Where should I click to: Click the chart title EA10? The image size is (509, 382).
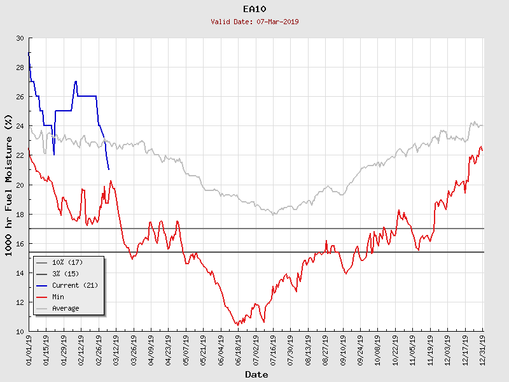pos(254,9)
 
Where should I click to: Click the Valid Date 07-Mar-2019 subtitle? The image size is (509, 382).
pos(254,22)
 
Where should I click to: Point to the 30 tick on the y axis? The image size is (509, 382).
pos(20,38)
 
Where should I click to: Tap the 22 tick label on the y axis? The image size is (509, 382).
pos(20,155)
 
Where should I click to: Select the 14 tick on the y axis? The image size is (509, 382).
pos(20,272)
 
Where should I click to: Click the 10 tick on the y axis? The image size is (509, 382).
pos(20,331)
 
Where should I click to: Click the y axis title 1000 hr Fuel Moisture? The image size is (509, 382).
pos(9,185)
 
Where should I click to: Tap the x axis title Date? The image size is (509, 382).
pos(256,375)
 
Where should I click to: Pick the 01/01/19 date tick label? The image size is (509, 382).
pos(29,349)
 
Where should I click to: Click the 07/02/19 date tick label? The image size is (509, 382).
pos(256,349)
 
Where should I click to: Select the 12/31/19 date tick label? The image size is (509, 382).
pos(482,349)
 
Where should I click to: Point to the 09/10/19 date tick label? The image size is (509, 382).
pos(343,349)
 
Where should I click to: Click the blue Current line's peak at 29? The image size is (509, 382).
pos(29,53)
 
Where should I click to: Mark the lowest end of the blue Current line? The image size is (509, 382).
pos(109,169)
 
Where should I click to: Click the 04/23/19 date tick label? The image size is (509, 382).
pos(169,349)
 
